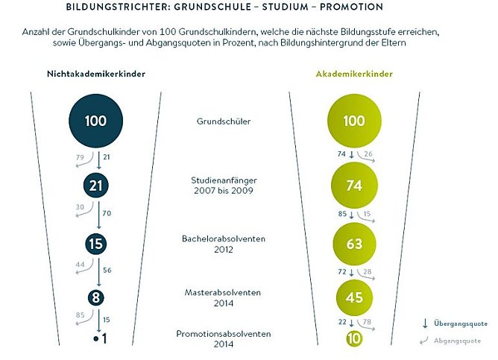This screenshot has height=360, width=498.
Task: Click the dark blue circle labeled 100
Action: [x=95, y=120]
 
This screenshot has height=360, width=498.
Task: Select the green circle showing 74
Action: [x=354, y=186]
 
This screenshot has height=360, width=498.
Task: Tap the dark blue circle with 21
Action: [x=95, y=186]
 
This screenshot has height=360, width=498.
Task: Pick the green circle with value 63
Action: [x=354, y=244]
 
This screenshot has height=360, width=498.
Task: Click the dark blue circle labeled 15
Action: [x=95, y=244]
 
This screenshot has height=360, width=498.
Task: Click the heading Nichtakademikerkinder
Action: [x=96, y=75]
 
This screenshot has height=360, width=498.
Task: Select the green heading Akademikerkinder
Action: [x=354, y=75]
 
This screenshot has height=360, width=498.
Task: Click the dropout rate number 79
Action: [x=80, y=157]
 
